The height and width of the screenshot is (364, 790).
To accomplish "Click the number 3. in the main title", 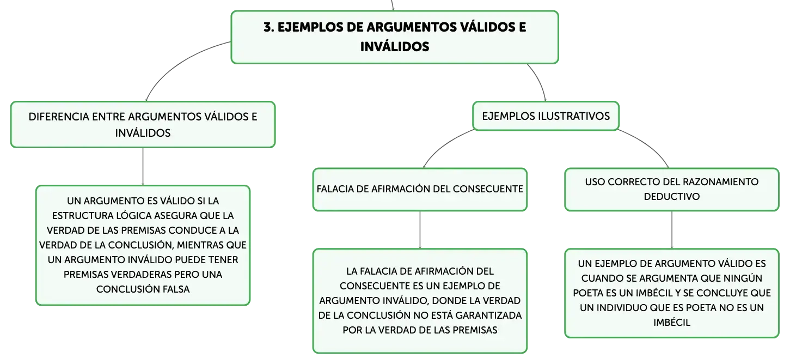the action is click(x=269, y=27).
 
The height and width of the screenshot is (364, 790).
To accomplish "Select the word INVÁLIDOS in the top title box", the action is click(x=395, y=47).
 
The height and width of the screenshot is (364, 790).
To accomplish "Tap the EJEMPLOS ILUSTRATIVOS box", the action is click(x=546, y=116).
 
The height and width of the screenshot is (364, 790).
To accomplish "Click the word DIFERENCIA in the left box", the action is click(x=59, y=117).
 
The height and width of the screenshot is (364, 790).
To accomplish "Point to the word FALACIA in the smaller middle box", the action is click(x=335, y=189).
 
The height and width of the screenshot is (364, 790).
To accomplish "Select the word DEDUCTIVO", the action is click(x=671, y=197).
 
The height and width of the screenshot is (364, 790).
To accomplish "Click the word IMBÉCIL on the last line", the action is click(x=671, y=323).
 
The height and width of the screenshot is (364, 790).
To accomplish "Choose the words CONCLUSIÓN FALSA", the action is click(x=143, y=289).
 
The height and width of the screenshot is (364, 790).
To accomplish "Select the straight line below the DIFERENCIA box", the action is click(x=143, y=166).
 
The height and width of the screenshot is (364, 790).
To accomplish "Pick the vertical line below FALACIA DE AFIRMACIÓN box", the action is click(x=420, y=230).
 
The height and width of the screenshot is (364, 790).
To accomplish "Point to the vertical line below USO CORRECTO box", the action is click(x=671, y=230).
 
